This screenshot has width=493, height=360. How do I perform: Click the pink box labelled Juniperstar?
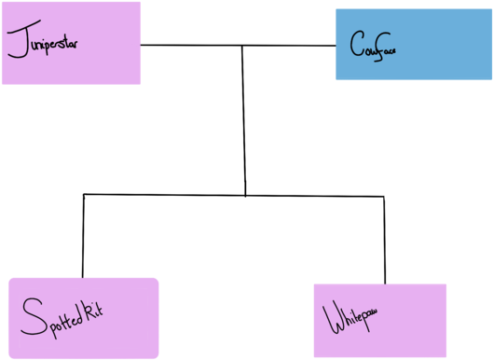[71, 43]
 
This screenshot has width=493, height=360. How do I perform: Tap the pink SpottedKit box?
[83, 317]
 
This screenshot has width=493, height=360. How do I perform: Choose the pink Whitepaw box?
[379, 320]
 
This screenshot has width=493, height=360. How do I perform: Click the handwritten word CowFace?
[374, 45]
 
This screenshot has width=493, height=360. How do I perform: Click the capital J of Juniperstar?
[16, 42]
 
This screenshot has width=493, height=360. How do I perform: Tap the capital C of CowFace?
[356, 44]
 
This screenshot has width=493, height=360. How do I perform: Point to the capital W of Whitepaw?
[333, 319]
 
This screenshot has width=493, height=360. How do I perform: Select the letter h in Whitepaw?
[346, 319]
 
